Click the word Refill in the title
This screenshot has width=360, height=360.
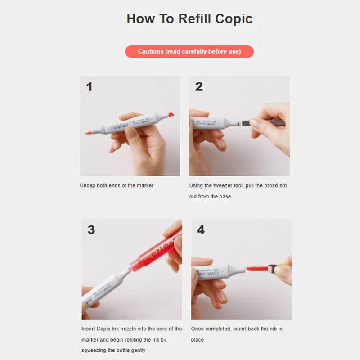pos(194,18)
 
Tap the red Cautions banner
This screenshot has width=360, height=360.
pos(189,51)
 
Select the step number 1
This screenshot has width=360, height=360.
pos(89,86)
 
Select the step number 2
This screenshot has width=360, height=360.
pos(199,86)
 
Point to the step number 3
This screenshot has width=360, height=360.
pos(91,229)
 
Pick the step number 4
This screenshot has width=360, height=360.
pos(201,229)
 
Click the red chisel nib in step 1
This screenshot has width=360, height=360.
pos(171,115)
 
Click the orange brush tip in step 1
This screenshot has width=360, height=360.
pos(89,132)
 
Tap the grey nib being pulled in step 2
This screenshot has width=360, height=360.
pos(246,123)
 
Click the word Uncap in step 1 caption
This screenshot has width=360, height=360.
pos(87,185)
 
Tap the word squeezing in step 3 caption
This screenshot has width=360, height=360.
pos(94,351)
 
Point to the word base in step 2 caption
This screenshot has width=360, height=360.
pos(225,197)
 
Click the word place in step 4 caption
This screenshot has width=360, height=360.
pos(197,340)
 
